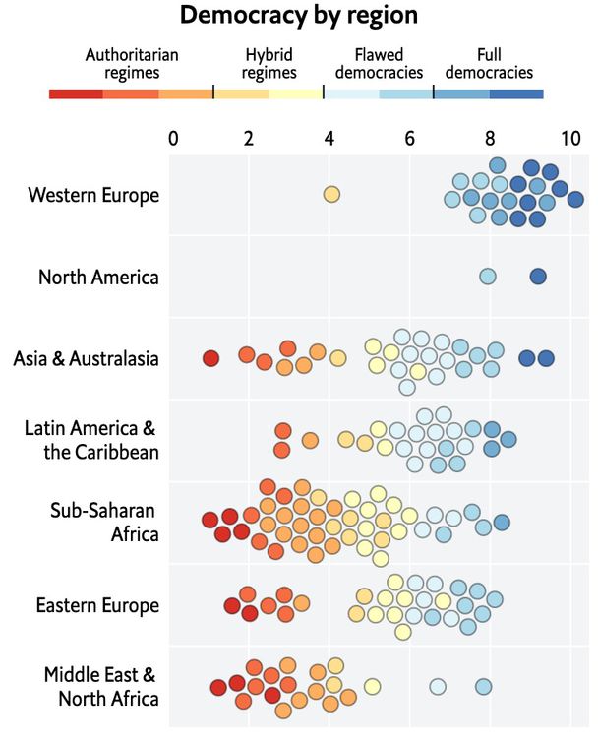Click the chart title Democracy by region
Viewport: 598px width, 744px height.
[x=298, y=16]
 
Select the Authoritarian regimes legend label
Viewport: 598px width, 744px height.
[x=132, y=64]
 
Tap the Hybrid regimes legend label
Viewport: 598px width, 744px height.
[x=269, y=64]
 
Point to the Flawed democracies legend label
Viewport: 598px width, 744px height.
[x=379, y=64]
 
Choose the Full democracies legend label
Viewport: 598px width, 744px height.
[x=488, y=64]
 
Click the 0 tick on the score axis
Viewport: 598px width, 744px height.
[x=173, y=137]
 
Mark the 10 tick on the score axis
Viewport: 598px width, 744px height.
[x=569, y=137]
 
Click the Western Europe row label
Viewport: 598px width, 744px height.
[x=93, y=195]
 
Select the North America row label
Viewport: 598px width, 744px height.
[x=98, y=277]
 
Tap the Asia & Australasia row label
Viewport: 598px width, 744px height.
[x=86, y=359]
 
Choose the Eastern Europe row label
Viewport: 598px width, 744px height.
[x=96, y=604]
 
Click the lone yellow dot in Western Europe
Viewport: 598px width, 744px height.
[x=331, y=195]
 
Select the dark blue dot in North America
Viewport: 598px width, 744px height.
[x=538, y=277]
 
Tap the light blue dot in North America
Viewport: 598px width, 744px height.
[x=488, y=277]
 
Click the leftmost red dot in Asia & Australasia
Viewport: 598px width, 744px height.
[x=210, y=358]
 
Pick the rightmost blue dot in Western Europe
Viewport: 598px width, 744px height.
[x=575, y=200]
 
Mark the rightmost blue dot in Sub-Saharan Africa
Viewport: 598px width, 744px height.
[x=502, y=523]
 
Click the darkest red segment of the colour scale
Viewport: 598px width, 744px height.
[x=76, y=93]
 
